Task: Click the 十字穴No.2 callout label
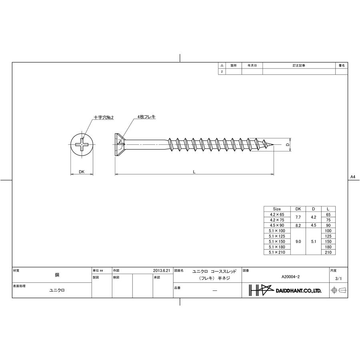click(104, 118)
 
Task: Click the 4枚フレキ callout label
click(146, 116)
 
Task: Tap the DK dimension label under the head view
click(82, 172)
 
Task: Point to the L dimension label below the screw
click(194, 172)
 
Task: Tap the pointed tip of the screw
click(273, 145)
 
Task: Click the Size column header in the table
click(277, 209)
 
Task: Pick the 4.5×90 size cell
click(277, 225)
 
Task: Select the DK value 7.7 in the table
click(298, 217)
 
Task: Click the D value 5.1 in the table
click(314, 242)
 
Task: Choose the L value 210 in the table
click(328, 252)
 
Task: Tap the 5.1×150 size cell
click(277, 242)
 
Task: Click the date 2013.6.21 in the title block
click(162, 270)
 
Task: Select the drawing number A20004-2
click(290, 276)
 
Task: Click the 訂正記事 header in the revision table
click(299, 65)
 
